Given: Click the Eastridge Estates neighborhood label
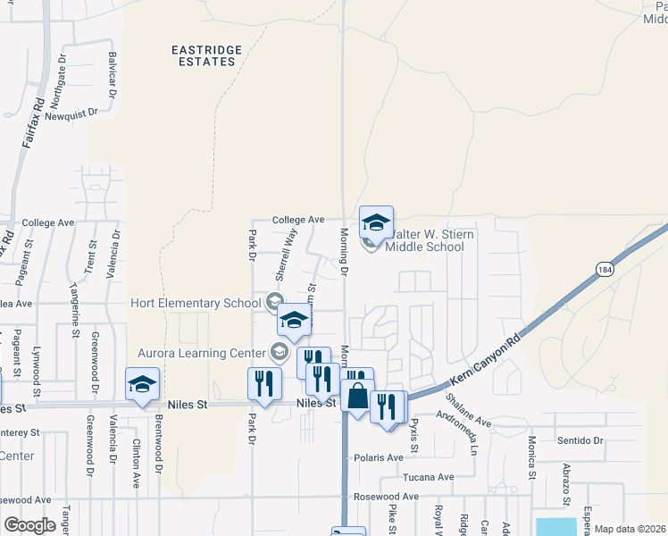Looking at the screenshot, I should [204, 54].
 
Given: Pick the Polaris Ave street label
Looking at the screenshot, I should [383, 457].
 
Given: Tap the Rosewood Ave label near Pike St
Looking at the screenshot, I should [386, 497].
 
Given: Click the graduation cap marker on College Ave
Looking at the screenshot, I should [376, 222].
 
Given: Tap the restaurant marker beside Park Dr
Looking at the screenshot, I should [264, 383].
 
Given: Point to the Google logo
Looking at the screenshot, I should [29, 525].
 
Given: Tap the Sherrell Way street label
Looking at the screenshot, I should [289, 253].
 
